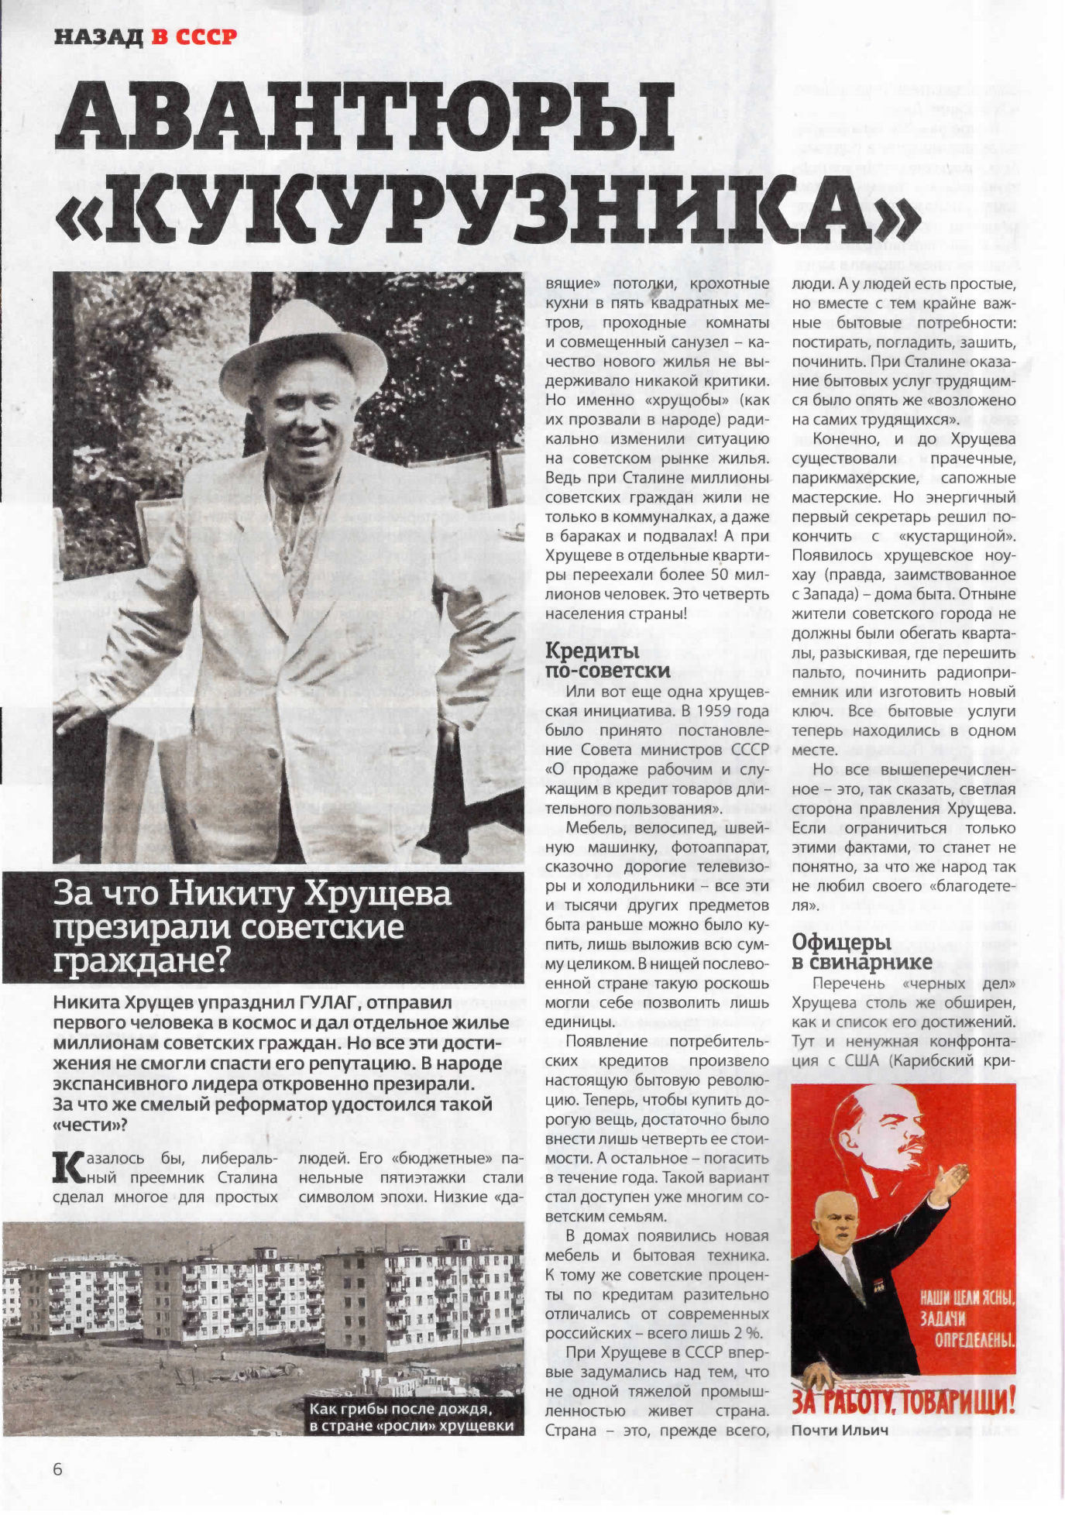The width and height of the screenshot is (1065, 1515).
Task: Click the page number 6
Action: [x=57, y=1469]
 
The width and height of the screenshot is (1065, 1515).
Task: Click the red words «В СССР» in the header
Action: [x=194, y=36]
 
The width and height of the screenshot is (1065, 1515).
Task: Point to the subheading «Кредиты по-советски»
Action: [x=607, y=660]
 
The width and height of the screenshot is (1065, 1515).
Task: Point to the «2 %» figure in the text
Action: [x=747, y=1333]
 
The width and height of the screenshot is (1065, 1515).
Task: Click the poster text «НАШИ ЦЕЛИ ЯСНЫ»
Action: [x=967, y=1298]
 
